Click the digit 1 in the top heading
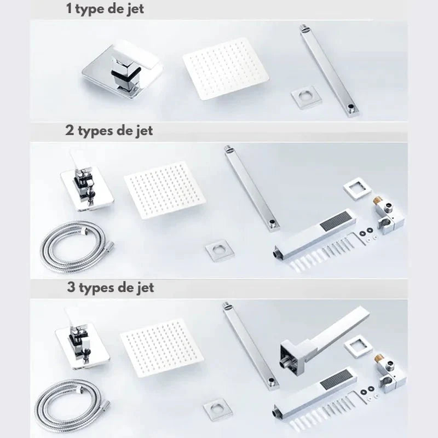[x=69, y=8]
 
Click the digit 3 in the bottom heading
[x=71, y=287]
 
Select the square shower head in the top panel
[x=226, y=69]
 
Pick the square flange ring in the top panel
[x=304, y=99]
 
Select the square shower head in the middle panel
[x=165, y=190]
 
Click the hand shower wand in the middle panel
[x=314, y=234]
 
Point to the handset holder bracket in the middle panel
[x=388, y=215]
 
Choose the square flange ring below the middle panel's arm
[x=220, y=250]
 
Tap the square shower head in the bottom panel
[x=162, y=348]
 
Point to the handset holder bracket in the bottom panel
[x=389, y=372]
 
